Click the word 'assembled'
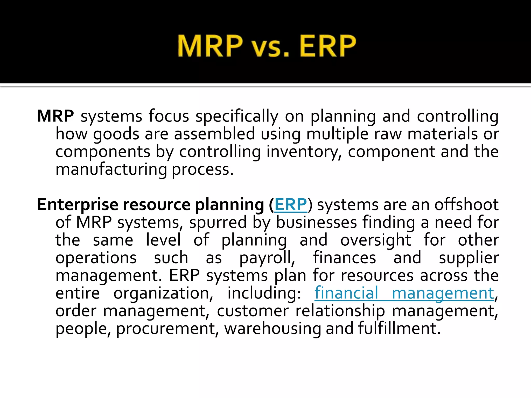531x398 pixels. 214,134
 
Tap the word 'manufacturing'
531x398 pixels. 111,170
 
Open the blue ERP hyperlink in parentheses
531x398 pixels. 291,204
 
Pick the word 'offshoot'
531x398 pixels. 466,204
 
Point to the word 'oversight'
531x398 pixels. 376,240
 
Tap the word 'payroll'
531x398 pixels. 267,258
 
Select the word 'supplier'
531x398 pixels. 469,258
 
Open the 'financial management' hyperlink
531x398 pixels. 404,293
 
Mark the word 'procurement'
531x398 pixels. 166,329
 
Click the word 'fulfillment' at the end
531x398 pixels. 399,328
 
